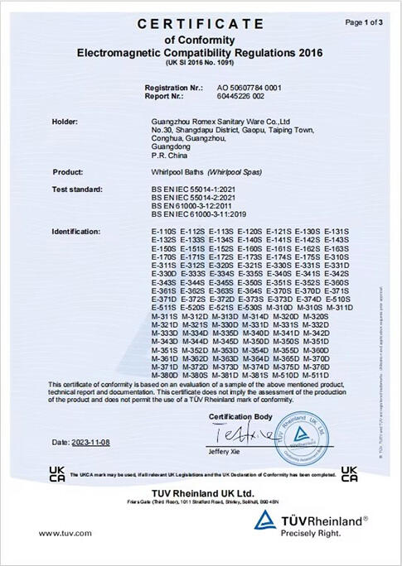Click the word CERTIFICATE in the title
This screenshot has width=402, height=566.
(200, 25)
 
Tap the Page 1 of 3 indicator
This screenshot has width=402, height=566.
(364, 22)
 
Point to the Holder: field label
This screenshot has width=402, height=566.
(65, 122)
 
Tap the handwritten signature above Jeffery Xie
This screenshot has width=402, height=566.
(226, 434)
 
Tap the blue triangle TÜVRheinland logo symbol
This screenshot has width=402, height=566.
(265, 520)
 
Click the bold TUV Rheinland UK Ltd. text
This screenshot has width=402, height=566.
(200, 492)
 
